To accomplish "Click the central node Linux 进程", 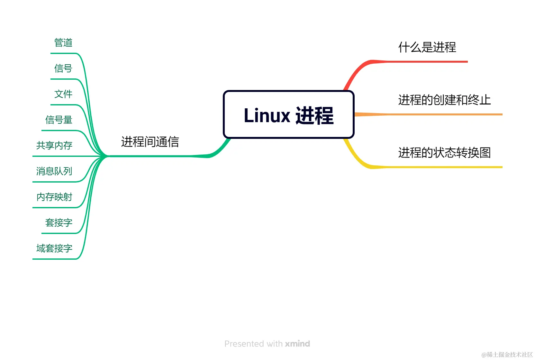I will click(x=288, y=115).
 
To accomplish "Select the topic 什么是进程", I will click(x=427, y=48).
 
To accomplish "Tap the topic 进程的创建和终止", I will click(x=444, y=100).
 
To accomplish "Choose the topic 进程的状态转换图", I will click(x=444, y=153).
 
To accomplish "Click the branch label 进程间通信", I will click(x=150, y=142).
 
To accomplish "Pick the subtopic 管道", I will click(x=63, y=43).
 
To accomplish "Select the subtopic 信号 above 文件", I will click(x=63, y=68).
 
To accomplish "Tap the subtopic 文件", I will click(x=63, y=94).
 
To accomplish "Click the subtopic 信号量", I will click(x=59, y=120).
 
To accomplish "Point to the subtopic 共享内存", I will click(x=54, y=146).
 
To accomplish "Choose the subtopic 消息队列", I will click(x=54, y=171).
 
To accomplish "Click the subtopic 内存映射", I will click(x=54, y=197).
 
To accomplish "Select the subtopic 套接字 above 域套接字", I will click(x=59, y=223).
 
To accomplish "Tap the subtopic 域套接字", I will click(x=54, y=248).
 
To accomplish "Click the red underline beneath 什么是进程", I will click(x=428, y=61).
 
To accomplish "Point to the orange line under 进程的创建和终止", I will click(x=444, y=114).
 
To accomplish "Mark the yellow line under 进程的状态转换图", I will click(x=444, y=167).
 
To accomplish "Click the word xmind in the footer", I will click(x=297, y=344).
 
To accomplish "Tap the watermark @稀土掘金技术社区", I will click(x=507, y=355).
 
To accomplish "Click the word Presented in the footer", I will click(x=244, y=344).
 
